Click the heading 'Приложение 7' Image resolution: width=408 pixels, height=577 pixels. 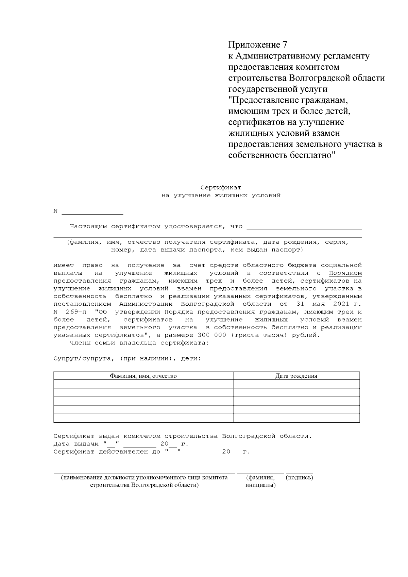(x=258, y=45)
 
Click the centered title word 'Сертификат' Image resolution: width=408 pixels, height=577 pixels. (x=221, y=188)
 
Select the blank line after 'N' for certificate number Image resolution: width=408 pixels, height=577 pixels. (x=92, y=213)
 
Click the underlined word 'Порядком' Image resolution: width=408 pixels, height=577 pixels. (x=345, y=273)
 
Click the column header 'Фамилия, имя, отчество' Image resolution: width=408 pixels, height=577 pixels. (x=143, y=376)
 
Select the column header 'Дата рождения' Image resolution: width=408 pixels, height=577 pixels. (x=296, y=376)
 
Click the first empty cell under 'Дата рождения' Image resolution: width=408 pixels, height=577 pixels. (x=296, y=384)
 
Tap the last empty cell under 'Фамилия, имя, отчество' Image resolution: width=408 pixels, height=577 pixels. (x=143, y=418)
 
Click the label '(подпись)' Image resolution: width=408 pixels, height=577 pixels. (x=300, y=477)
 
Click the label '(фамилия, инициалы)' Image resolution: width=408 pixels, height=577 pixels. (x=260, y=481)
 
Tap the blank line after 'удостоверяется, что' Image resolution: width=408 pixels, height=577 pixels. (x=304, y=227)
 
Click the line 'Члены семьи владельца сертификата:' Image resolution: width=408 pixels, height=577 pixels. (x=139, y=343)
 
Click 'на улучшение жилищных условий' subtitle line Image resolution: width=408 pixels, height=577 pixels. (x=221, y=196)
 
